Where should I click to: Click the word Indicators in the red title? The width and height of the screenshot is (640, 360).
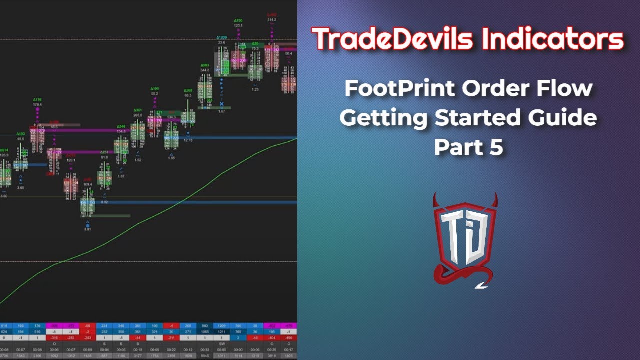553,39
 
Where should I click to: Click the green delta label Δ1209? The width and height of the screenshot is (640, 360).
221,38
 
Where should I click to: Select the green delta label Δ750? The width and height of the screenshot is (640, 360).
238,20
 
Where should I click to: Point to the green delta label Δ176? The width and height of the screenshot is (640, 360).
37,100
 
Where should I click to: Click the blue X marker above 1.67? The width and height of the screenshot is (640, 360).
221,104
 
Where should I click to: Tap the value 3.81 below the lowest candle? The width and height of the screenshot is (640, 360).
87,229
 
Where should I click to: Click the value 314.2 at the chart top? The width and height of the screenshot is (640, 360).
272,20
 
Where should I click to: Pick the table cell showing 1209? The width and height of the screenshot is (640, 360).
221,325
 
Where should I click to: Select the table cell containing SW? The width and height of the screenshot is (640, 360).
221,343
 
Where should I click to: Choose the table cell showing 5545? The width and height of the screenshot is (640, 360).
205,355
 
